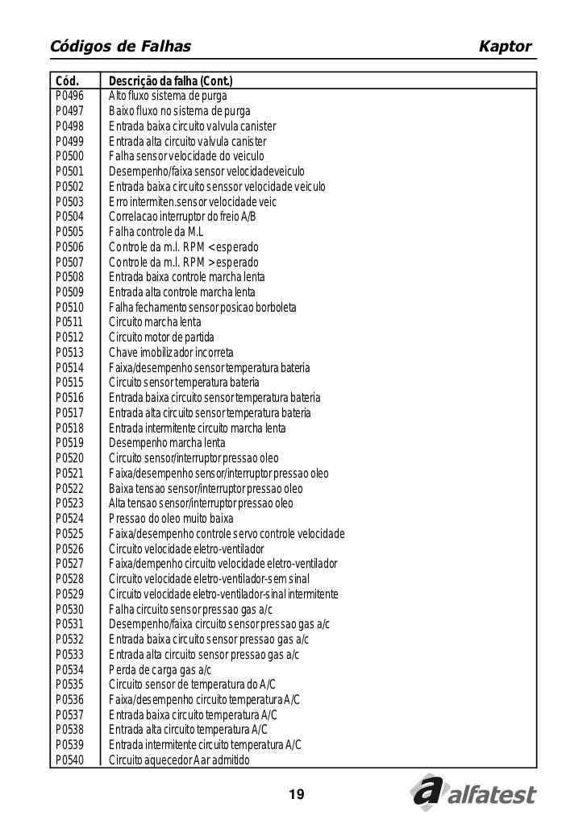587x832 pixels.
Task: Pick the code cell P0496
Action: [x=69, y=96]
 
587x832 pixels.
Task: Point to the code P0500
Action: [x=69, y=156]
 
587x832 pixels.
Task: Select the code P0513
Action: [x=69, y=353]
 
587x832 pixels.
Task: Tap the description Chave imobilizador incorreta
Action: [x=171, y=353]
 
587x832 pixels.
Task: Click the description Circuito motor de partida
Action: [x=161, y=337]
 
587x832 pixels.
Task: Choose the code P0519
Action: [x=69, y=444]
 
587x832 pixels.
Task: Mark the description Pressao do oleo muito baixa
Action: [x=171, y=519]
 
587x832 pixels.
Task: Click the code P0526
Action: [x=69, y=549]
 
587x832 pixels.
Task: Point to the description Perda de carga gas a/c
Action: [x=160, y=670]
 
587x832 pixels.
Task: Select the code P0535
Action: [x=69, y=685]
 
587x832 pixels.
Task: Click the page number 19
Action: [x=296, y=796]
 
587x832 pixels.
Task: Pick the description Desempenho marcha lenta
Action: [x=167, y=444]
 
